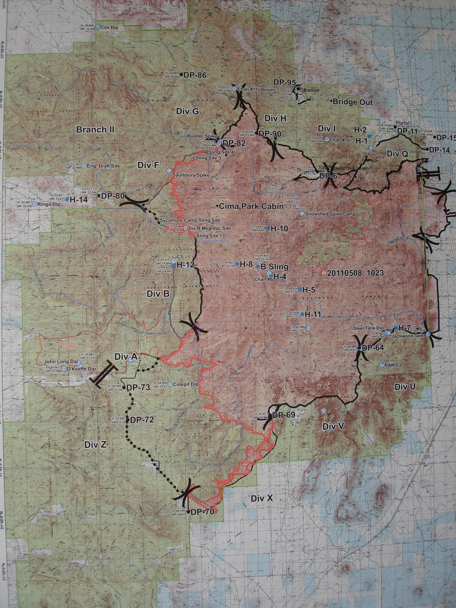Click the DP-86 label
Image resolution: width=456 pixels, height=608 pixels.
click(195, 75)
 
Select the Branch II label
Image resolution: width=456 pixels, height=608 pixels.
click(95, 129)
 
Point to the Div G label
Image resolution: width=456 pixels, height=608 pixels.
click(187, 111)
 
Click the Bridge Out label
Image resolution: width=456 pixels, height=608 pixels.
click(352, 102)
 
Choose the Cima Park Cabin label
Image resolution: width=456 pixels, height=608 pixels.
click(251, 206)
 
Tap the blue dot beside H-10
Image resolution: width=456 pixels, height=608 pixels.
click(268, 228)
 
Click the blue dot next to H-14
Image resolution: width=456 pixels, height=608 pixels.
click(67, 199)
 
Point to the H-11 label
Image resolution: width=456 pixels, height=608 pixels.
click(313, 314)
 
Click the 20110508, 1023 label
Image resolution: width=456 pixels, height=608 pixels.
click(355, 273)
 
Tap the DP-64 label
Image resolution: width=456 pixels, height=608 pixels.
click(372, 348)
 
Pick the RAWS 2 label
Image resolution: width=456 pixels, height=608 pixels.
click(393, 365)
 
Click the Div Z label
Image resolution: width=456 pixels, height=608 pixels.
click(95, 445)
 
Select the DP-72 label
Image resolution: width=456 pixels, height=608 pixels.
click(142, 420)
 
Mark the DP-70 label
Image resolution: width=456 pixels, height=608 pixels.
click(202, 512)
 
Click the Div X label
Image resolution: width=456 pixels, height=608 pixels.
click(262, 498)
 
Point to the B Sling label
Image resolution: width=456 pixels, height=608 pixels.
click(275, 266)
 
